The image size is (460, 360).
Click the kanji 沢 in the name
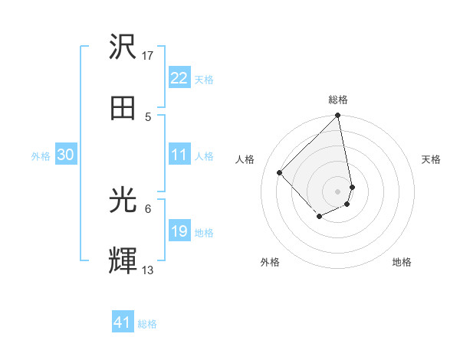click(x=123, y=47)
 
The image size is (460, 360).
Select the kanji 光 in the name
click(x=123, y=201)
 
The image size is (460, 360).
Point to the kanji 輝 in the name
click(x=123, y=260)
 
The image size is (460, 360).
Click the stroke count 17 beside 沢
click(x=148, y=56)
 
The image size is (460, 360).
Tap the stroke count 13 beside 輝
click(x=148, y=270)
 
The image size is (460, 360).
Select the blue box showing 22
click(x=179, y=78)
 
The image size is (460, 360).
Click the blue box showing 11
click(x=179, y=155)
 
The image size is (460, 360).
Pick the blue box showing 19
click(x=179, y=231)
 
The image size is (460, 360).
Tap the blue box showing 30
click(x=66, y=155)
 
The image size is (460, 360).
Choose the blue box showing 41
click(x=123, y=322)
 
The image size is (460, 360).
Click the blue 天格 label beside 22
click(x=204, y=80)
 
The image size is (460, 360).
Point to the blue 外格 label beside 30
click(x=41, y=156)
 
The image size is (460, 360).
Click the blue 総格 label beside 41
click(x=147, y=324)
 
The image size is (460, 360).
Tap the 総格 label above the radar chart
click(x=338, y=100)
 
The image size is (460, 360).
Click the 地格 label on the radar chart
click(x=402, y=263)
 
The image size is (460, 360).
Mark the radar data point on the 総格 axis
click(x=338, y=116)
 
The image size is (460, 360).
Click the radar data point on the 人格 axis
click(x=280, y=172)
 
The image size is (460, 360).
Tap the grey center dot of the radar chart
click(x=338, y=191)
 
